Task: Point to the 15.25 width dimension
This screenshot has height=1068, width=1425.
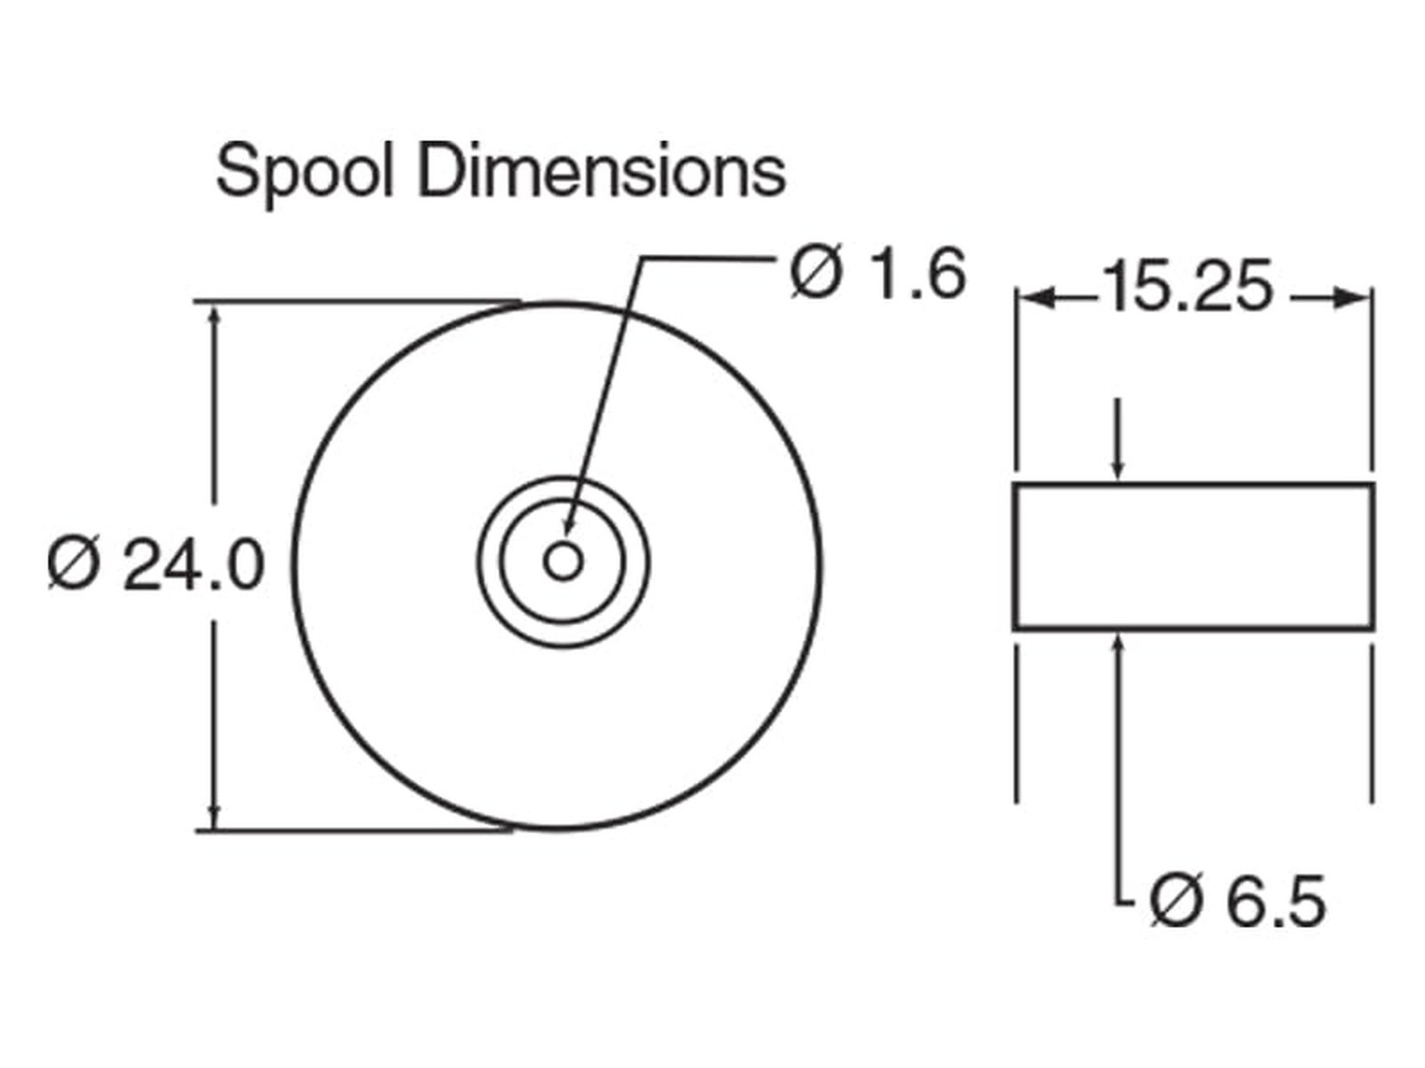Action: (1187, 287)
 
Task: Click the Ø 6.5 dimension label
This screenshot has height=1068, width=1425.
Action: (1237, 902)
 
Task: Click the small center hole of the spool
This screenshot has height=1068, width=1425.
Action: (563, 562)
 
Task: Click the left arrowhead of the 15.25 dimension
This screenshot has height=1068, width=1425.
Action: (1036, 299)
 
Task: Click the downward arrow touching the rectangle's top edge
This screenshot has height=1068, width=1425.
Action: (1117, 441)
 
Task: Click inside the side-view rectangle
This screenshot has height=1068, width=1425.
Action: (1193, 556)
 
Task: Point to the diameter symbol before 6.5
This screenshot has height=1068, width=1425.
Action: (1176, 902)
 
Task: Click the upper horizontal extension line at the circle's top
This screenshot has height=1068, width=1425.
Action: (357, 302)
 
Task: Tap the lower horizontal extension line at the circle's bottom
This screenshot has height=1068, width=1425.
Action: (354, 830)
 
